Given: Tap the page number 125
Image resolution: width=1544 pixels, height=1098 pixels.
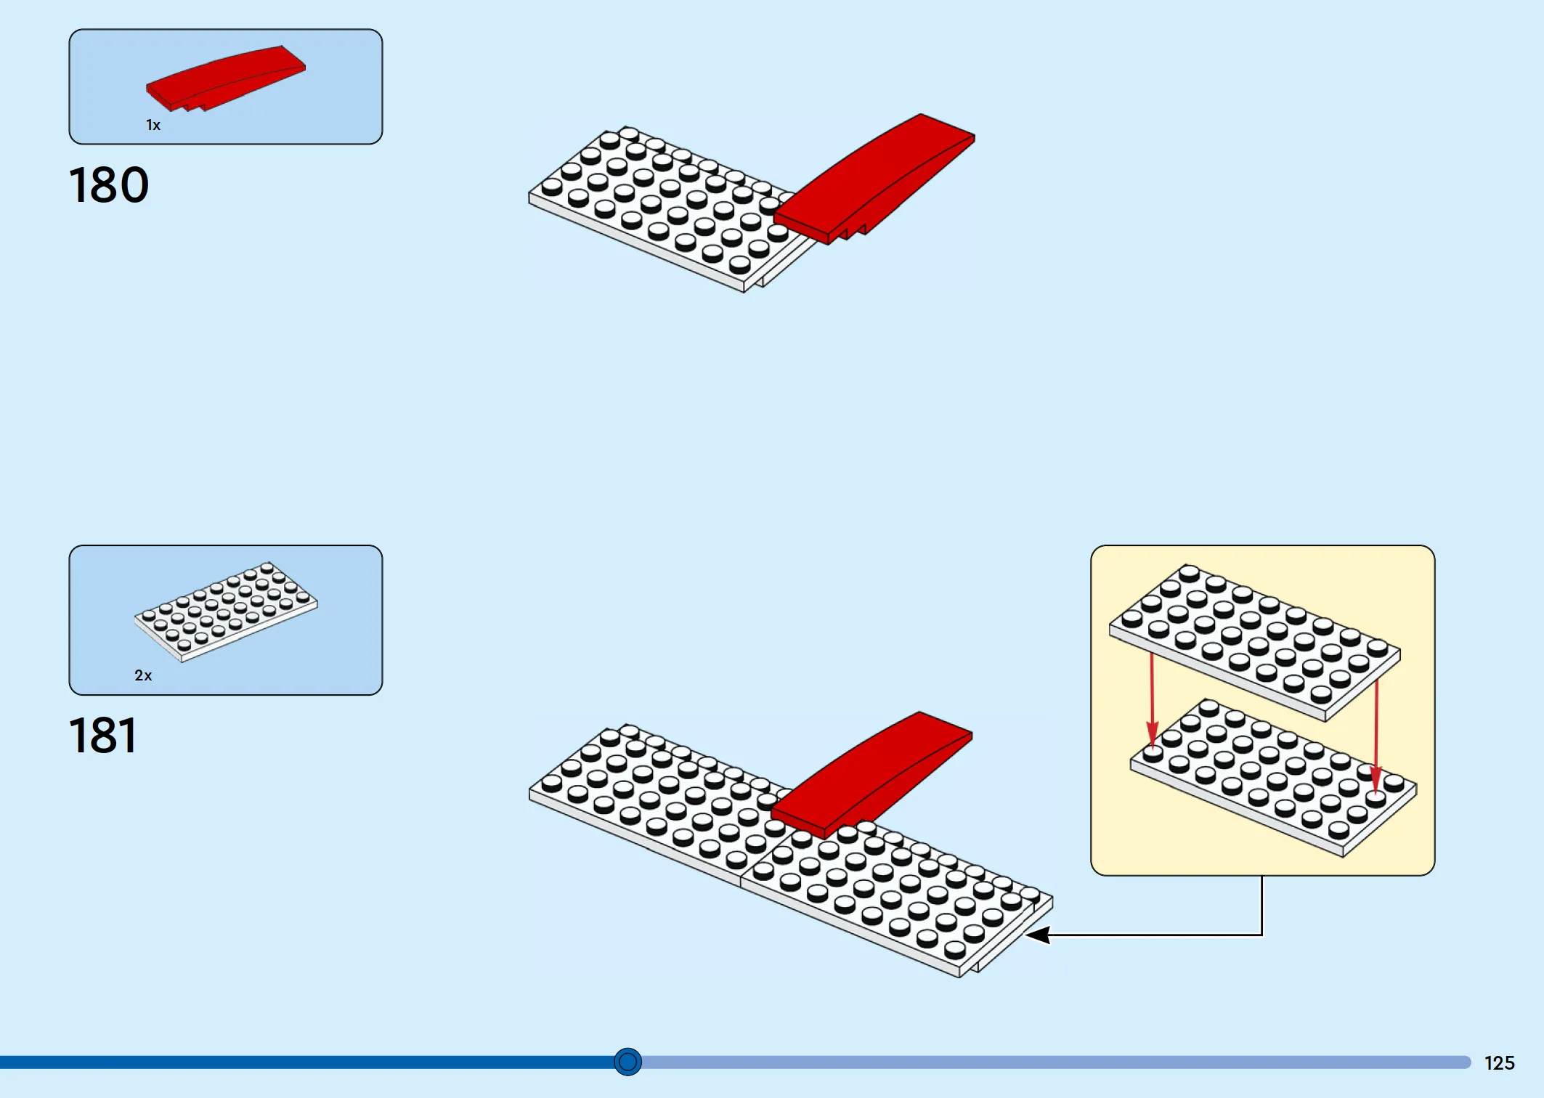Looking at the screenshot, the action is (x=1499, y=1063).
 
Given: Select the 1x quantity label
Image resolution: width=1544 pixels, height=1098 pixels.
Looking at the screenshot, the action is (x=153, y=125).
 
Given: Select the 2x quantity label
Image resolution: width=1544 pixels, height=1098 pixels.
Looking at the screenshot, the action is (x=143, y=675).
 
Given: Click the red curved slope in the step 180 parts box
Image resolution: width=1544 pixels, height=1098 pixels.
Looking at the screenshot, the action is (x=226, y=78).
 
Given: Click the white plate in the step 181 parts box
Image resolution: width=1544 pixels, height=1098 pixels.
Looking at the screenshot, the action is (x=226, y=611).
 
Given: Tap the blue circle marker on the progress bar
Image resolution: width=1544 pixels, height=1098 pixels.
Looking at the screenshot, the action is (x=628, y=1062).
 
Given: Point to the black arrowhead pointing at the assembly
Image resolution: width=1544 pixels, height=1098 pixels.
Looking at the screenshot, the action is (x=1038, y=935).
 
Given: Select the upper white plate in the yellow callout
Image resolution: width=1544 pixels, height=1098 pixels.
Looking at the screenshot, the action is (x=1254, y=643).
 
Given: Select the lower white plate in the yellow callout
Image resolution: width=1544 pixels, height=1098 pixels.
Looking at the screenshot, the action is (x=1273, y=778).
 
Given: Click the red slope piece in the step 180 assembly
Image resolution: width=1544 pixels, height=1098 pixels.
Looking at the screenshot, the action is (x=874, y=179).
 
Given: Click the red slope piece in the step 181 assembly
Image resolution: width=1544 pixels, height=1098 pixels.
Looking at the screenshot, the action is (x=871, y=774).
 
